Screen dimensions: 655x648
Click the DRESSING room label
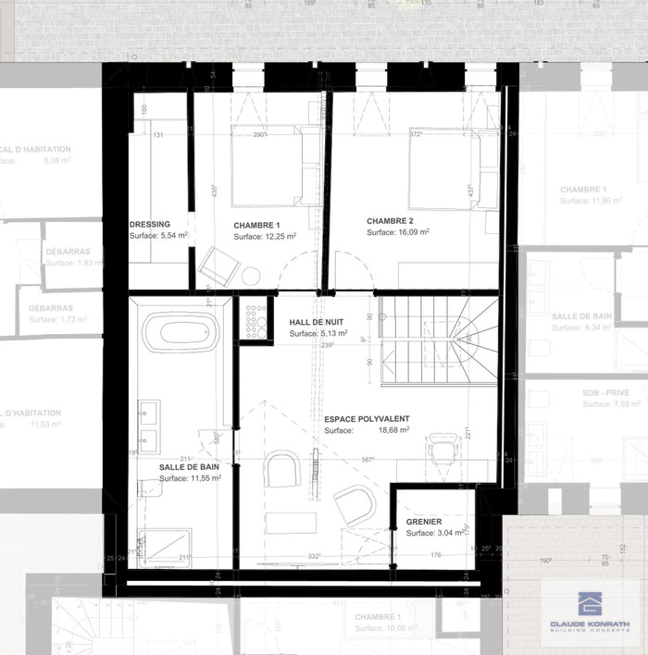(x=150, y=224)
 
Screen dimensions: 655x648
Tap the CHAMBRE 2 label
(x=390, y=221)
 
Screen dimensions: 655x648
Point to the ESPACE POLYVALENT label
(x=367, y=418)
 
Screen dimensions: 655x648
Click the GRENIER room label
(x=424, y=522)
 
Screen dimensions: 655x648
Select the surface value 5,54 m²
(x=171, y=236)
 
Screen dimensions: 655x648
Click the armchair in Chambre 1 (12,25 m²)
(x=220, y=267)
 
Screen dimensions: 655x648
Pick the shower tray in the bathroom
(x=164, y=548)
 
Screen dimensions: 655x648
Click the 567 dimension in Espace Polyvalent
(x=368, y=460)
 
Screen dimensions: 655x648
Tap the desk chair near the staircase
(x=444, y=451)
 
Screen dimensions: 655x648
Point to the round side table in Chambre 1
(x=250, y=277)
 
